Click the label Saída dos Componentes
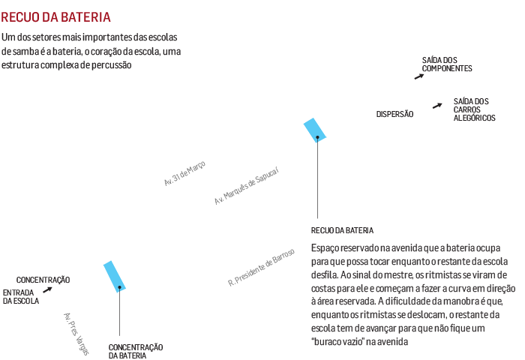446,64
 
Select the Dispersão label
394,114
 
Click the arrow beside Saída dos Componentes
418,75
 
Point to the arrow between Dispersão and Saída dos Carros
436,106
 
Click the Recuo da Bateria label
343,230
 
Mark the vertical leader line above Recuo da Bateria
318,180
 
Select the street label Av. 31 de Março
184,173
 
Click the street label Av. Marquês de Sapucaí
246,187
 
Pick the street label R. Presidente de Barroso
261,267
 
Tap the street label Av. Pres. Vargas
76,329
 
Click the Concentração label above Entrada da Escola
43,280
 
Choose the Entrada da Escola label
20,296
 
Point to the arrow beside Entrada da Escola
47,289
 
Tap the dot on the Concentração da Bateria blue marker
119,287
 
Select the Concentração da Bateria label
136,350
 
